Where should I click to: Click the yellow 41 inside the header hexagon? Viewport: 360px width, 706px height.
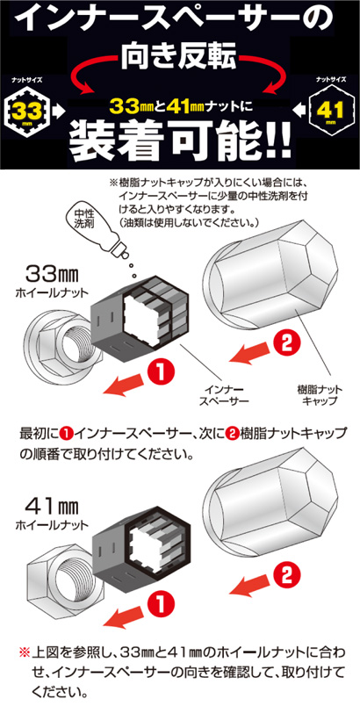(332, 110)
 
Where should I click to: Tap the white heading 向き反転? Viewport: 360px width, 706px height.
(179, 60)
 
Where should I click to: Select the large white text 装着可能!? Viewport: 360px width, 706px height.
(180, 140)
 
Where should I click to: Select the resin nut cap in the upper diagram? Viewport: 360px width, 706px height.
(271, 280)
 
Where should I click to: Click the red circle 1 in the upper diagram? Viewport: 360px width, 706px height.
(161, 373)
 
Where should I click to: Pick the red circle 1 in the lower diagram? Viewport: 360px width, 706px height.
(161, 602)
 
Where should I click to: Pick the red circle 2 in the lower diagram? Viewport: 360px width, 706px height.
(286, 575)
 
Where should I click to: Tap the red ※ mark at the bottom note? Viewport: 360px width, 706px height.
(25, 652)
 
